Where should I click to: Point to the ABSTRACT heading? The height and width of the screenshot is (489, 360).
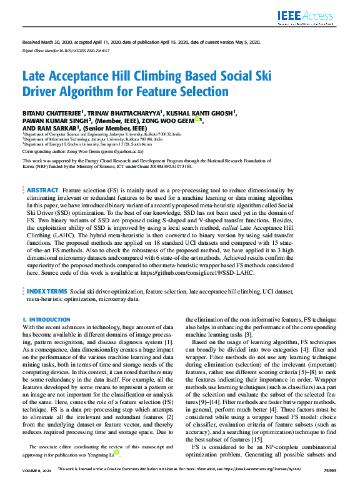tap(43, 189)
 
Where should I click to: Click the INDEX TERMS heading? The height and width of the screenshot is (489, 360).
tap(47, 291)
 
